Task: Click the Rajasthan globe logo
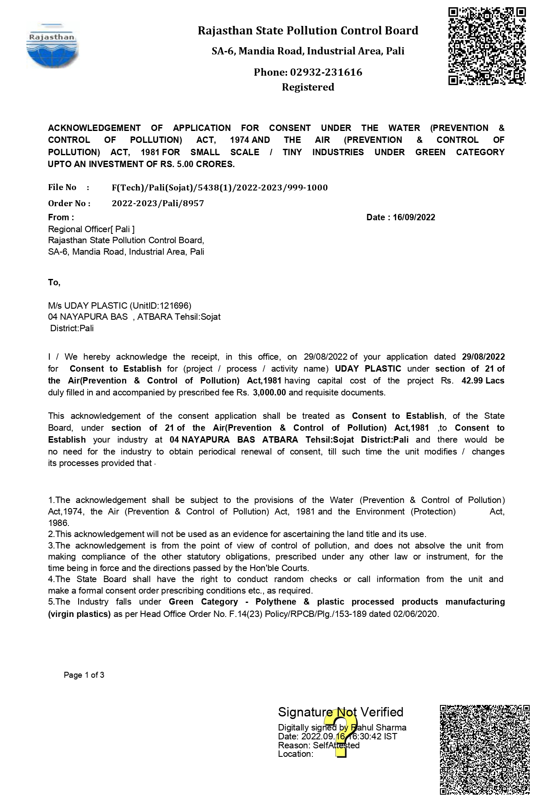click(x=52, y=46)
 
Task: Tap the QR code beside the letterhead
click(x=487, y=46)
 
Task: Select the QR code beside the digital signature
click(x=485, y=750)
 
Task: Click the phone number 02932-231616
click(x=326, y=72)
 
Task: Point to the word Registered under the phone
click(x=308, y=87)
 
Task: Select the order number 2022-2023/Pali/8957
click(x=158, y=203)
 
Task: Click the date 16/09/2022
click(x=414, y=217)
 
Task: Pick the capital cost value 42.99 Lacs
click(x=482, y=381)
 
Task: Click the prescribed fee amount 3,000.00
click(x=269, y=392)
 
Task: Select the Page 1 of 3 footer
click(x=84, y=675)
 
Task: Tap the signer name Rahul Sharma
click(x=378, y=727)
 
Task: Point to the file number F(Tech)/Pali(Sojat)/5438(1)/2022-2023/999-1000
click(x=219, y=188)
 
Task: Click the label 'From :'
click(x=61, y=217)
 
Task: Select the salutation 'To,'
click(x=54, y=282)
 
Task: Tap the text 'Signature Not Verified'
click(x=340, y=712)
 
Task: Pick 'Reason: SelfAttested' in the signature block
click(x=318, y=745)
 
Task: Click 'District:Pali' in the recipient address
click(x=72, y=328)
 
